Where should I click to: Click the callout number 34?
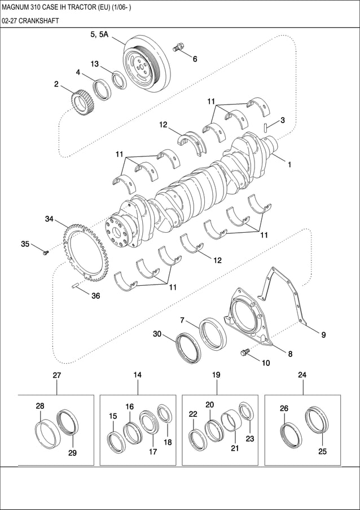(x=49, y=219)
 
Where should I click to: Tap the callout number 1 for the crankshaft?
(x=289, y=166)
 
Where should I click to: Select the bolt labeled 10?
(x=245, y=353)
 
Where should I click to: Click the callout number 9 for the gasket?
(x=323, y=335)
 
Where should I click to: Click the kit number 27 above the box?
(x=56, y=375)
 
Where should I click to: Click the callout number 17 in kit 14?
(x=152, y=452)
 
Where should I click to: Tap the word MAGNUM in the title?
(x=17, y=6)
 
